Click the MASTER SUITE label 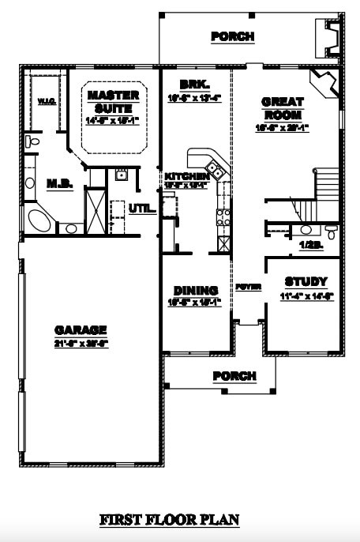click(113, 101)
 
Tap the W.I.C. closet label click(45, 101)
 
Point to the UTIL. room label click(140, 209)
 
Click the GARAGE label click(81, 329)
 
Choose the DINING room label click(195, 291)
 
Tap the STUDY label click(306, 282)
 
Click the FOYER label click(248, 287)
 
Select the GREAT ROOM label click(281, 108)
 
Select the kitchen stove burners click(223, 213)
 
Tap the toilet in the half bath click(331, 231)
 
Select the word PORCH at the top click(233, 36)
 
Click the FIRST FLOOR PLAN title click(169, 520)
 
